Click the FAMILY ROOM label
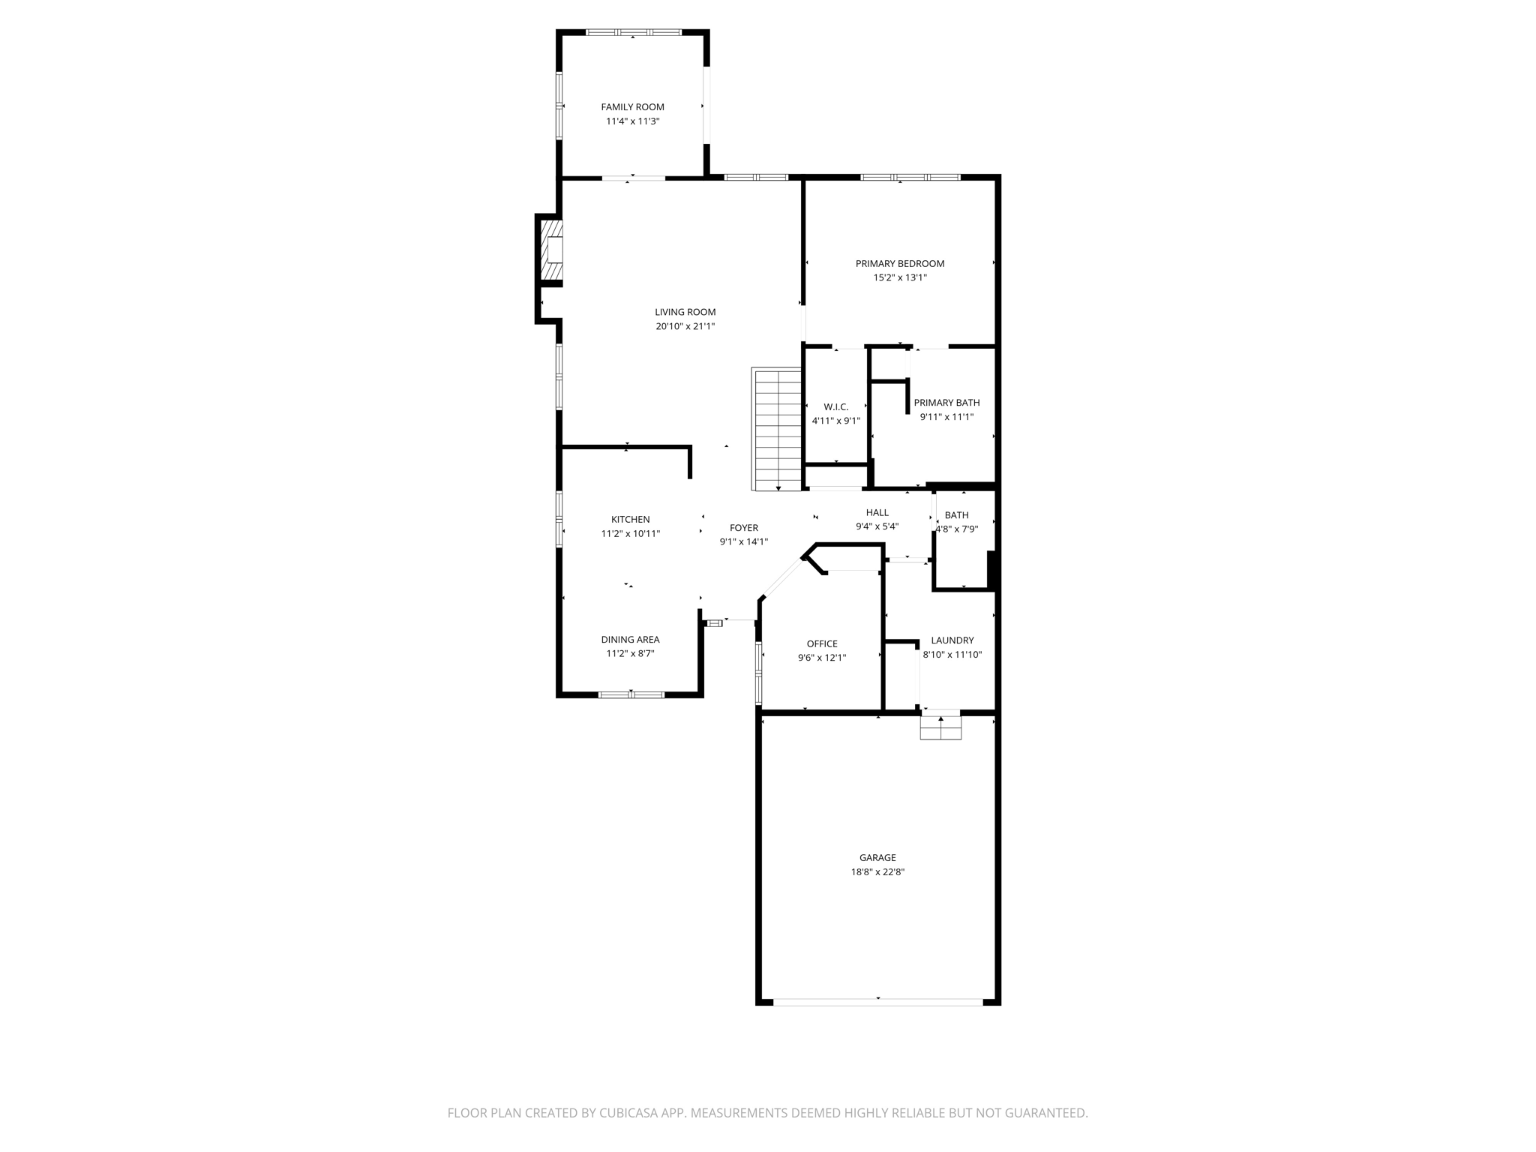[632, 107]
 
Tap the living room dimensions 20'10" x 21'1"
[685, 326]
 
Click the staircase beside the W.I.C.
[777, 429]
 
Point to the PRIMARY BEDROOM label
[899, 263]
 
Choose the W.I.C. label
[835, 406]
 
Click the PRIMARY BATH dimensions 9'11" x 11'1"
[946, 417]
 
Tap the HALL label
[877, 512]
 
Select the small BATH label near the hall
[956, 515]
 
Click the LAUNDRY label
[952, 640]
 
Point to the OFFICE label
[822, 643]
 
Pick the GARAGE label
[877, 857]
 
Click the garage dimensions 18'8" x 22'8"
[877, 872]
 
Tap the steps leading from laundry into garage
[940, 728]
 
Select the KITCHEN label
[630, 519]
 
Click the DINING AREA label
[630, 640]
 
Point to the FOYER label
[744, 528]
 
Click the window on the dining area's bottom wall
[631, 695]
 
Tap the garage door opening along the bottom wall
[877, 1001]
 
